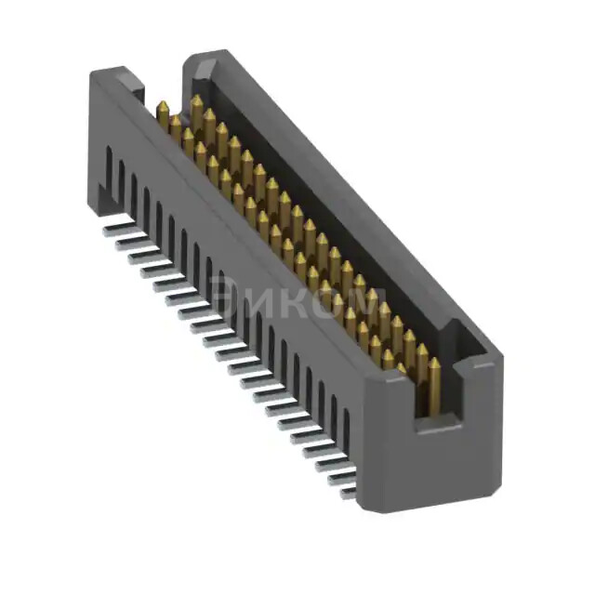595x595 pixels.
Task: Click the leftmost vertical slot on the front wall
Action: (110, 172)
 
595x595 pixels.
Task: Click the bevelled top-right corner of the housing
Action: (483, 358)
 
